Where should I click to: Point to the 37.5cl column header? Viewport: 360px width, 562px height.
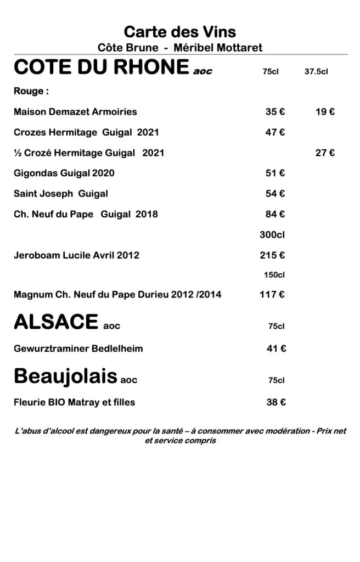point(316,71)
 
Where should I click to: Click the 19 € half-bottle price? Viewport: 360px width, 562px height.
point(325,112)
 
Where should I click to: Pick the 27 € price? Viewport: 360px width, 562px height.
point(325,153)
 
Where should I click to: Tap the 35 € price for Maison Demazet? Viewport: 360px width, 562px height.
point(275,112)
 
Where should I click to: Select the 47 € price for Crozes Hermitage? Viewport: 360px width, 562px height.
point(275,132)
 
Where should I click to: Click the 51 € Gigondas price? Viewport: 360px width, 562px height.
point(275,173)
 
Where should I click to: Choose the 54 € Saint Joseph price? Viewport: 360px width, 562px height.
point(275,194)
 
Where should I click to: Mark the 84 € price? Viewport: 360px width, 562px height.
point(275,214)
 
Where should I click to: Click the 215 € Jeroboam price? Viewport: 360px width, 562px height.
point(272,255)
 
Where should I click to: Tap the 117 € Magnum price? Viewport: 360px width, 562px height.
point(272,295)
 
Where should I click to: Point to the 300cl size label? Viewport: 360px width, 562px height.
point(272,235)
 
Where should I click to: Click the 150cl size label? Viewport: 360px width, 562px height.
point(274,274)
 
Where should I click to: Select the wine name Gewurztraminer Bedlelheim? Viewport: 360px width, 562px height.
point(78,349)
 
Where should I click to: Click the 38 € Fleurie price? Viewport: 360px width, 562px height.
point(275,402)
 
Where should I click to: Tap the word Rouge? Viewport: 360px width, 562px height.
point(27,91)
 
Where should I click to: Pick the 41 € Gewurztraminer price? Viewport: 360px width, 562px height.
point(275,349)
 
